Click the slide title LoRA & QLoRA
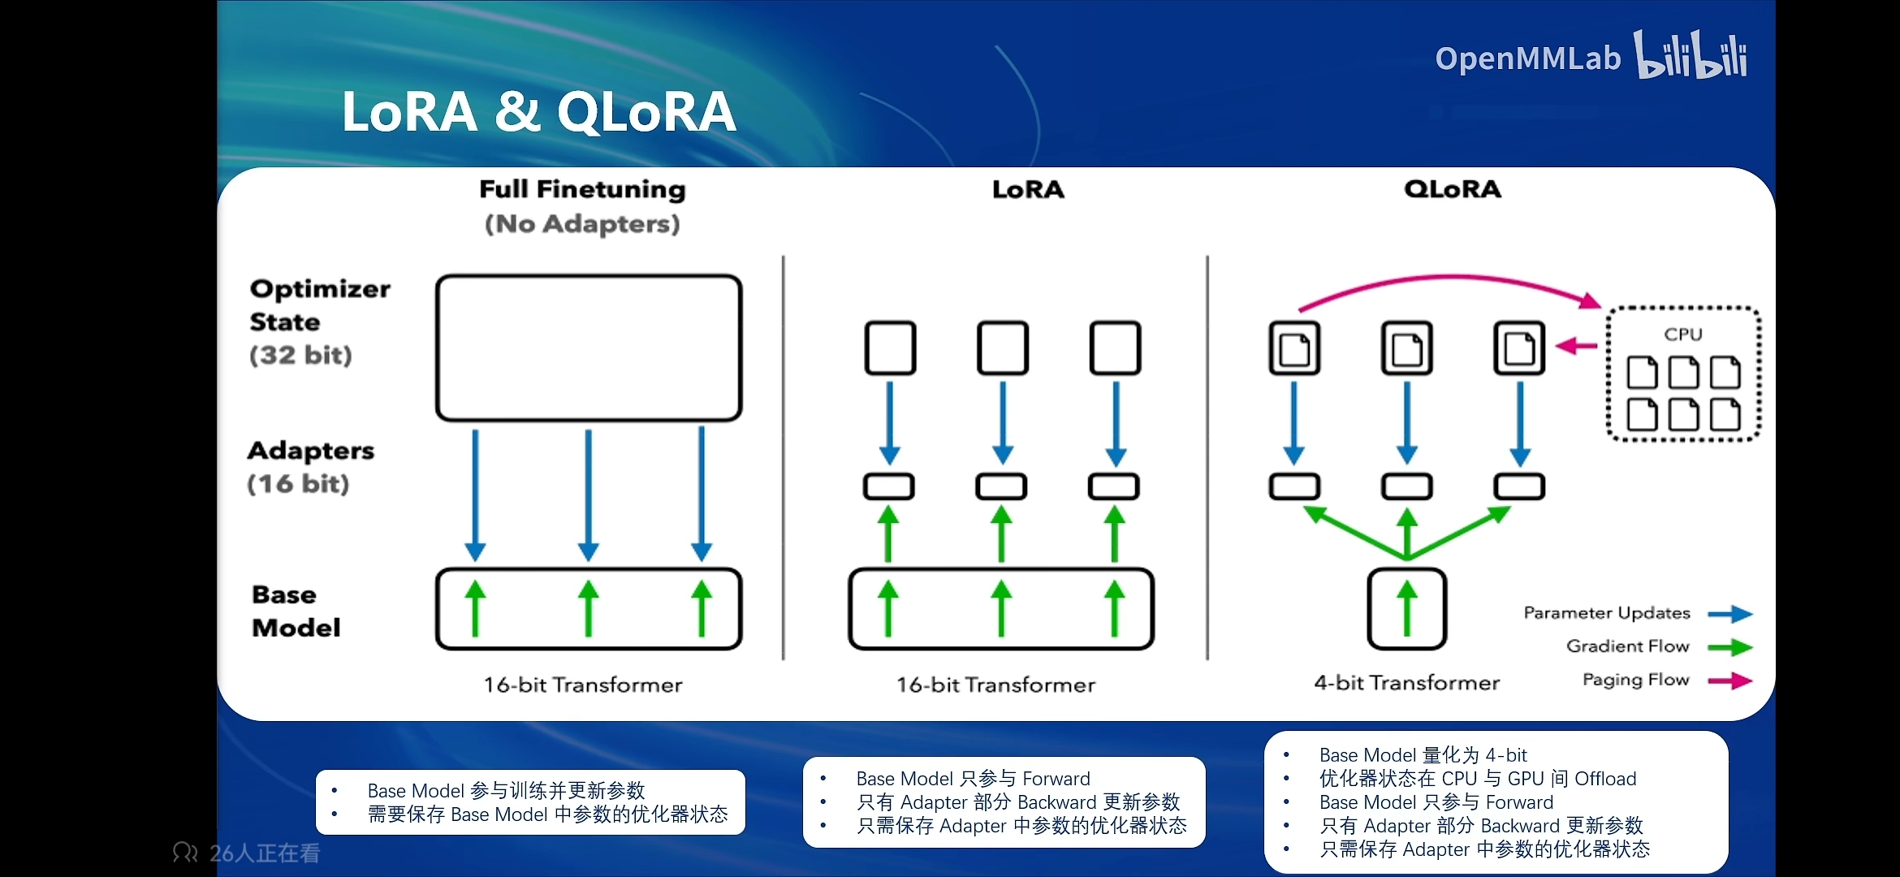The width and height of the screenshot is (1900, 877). coord(538,111)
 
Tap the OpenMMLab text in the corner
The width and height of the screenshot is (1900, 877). coord(1527,58)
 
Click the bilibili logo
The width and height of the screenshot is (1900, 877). coord(1691,55)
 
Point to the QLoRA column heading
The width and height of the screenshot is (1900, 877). coord(1453,189)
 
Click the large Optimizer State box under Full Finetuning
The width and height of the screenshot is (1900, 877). coord(589,348)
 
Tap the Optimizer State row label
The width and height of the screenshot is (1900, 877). coord(319,322)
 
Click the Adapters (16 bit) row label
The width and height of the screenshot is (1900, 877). coord(310,467)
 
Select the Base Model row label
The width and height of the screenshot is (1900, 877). coord(296,611)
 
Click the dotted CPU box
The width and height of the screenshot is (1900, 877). coord(1683,374)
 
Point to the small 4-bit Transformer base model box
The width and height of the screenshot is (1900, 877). coord(1407,609)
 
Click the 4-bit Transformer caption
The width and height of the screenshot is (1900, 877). coord(1406,683)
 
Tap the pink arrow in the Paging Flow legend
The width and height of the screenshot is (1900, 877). coord(1729,680)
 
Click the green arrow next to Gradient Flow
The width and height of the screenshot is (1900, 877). coord(1729,647)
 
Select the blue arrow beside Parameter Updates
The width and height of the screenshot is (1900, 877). coord(1729,614)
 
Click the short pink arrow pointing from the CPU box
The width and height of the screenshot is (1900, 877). coord(1577,347)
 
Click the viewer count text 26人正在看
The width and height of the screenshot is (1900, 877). coord(264,853)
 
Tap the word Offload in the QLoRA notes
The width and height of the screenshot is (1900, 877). coord(1605,779)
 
